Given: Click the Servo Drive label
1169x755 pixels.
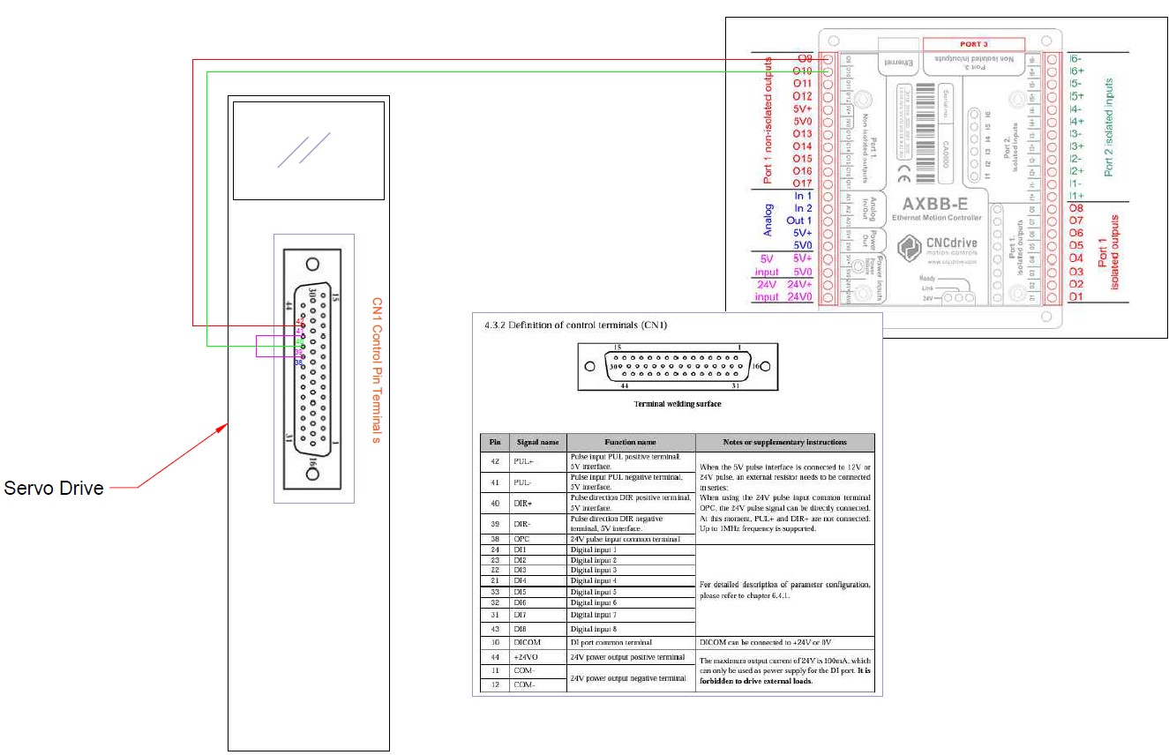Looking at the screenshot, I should pos(55,488).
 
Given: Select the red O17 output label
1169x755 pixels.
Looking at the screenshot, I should pos(802,183).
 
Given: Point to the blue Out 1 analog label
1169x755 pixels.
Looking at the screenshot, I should pos(799,221).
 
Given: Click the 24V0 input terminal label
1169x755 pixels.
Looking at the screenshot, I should pos(798,297).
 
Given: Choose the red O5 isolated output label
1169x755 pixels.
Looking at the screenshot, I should pos(1075,245).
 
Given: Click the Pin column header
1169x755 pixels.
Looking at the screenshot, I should pos(494,442).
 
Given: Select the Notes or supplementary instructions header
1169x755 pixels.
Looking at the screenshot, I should pos(784,442).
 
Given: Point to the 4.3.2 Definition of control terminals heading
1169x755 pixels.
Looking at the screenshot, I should pos(576,325).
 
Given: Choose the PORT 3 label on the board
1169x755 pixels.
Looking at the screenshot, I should pos(973,43).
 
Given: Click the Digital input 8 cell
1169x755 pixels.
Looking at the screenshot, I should pos(594,629).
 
